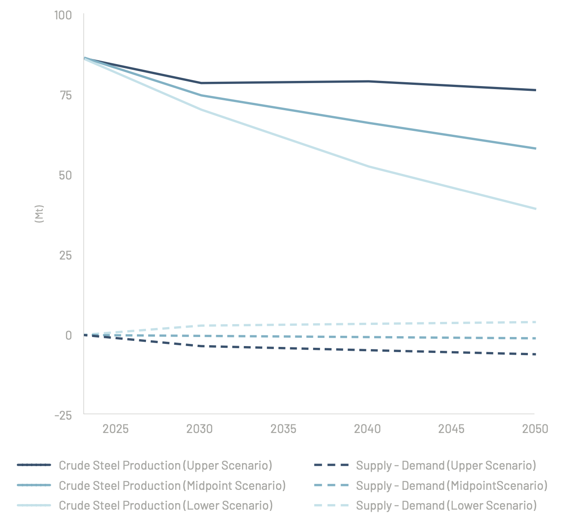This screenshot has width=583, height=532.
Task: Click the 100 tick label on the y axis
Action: [63, 15]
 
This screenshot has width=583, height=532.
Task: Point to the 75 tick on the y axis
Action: [65, 96]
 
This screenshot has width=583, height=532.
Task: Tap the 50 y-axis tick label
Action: [65, 176]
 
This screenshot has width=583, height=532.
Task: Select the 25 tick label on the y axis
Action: [65, 256]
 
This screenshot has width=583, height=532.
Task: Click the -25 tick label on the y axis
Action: [63, 416]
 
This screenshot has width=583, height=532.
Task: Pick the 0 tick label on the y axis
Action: [68, 336]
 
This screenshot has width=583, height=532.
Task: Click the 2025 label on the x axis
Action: [115, 429]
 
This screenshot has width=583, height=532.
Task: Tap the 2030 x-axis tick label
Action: [199, 429]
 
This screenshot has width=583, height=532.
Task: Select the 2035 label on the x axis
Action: [283, 429]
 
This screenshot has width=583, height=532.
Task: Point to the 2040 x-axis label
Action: [367, 429]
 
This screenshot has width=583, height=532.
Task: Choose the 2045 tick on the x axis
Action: [451, 429]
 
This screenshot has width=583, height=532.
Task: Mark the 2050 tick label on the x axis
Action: [535, 429]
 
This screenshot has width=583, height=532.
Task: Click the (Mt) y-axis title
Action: [39, 214]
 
